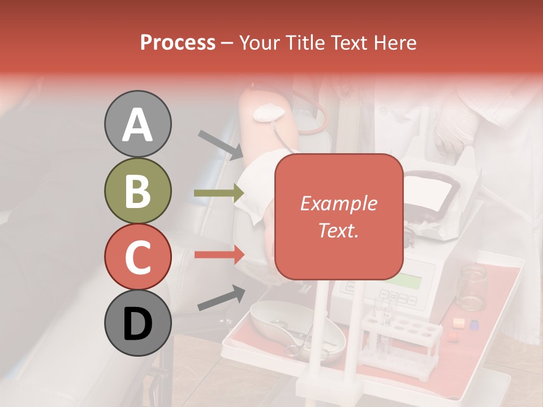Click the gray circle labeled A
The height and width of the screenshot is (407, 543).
(138, 124)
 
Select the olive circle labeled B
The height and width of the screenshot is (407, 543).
(138, 191)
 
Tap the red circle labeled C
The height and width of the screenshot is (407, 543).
(138, 257)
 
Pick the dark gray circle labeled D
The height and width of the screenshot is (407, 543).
(138, 323)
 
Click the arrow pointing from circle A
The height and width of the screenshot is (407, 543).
(221, 145)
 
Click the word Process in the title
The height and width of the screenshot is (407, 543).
(178, 42)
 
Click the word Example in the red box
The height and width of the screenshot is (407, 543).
(338, 203)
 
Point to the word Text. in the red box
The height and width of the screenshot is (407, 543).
(338, 230)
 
